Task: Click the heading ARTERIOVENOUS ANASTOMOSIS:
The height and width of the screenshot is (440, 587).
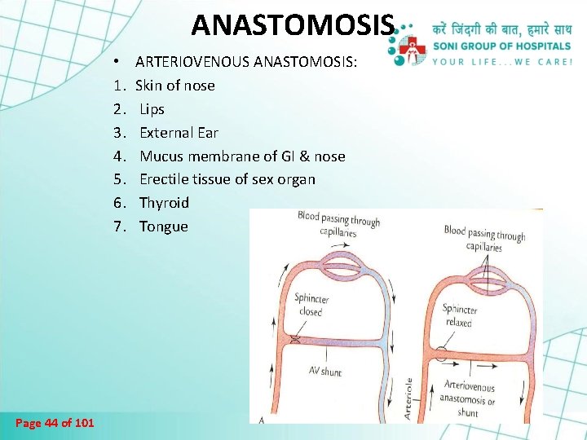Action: (245, 62)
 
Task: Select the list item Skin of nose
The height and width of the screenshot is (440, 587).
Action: (174, 86)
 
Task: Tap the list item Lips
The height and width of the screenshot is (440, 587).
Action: (152, 109)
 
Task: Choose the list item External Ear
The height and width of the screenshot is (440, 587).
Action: (179, 132)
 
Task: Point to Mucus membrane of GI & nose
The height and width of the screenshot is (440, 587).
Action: (242, 156)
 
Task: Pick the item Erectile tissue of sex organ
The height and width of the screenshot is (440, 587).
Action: (227, 179)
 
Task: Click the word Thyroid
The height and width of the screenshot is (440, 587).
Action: (164, 203)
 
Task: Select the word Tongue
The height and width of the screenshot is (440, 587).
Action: (163, 227)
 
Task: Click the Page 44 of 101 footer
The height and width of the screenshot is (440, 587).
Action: (55, 422)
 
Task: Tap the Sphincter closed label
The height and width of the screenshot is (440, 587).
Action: (310, 305)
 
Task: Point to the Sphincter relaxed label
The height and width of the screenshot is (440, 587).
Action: (458, 315)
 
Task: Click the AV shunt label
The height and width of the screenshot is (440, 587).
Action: (324, 372)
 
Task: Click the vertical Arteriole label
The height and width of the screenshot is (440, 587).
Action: (408, 398)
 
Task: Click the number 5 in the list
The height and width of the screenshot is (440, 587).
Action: (118, 179)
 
